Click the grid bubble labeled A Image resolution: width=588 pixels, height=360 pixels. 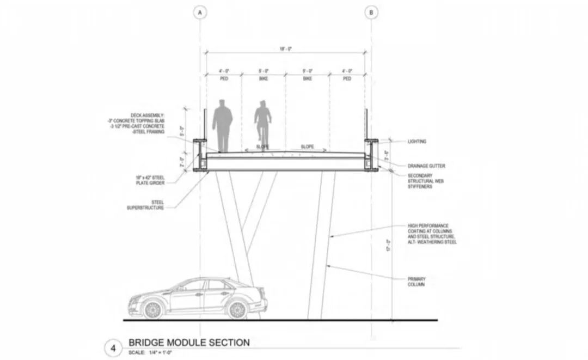[x=200, y=12]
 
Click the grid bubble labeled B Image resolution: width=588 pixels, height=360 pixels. [x=371, y=12]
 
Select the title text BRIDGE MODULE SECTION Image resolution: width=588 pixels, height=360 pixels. [x=188, y=343]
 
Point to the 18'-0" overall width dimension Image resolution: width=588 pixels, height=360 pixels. [x=285, y=49]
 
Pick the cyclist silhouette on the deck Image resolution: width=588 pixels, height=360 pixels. [x=263, y=124]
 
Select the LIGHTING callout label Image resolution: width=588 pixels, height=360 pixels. [x=417, y=142]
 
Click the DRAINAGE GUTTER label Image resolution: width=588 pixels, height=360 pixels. [x=427, y=166]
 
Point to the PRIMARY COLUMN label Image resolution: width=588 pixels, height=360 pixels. [x=417, y=282]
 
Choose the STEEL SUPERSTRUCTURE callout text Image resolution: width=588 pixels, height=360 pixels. [x=145, y=205]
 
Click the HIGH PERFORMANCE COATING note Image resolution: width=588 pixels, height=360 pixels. [x=432, y=234]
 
